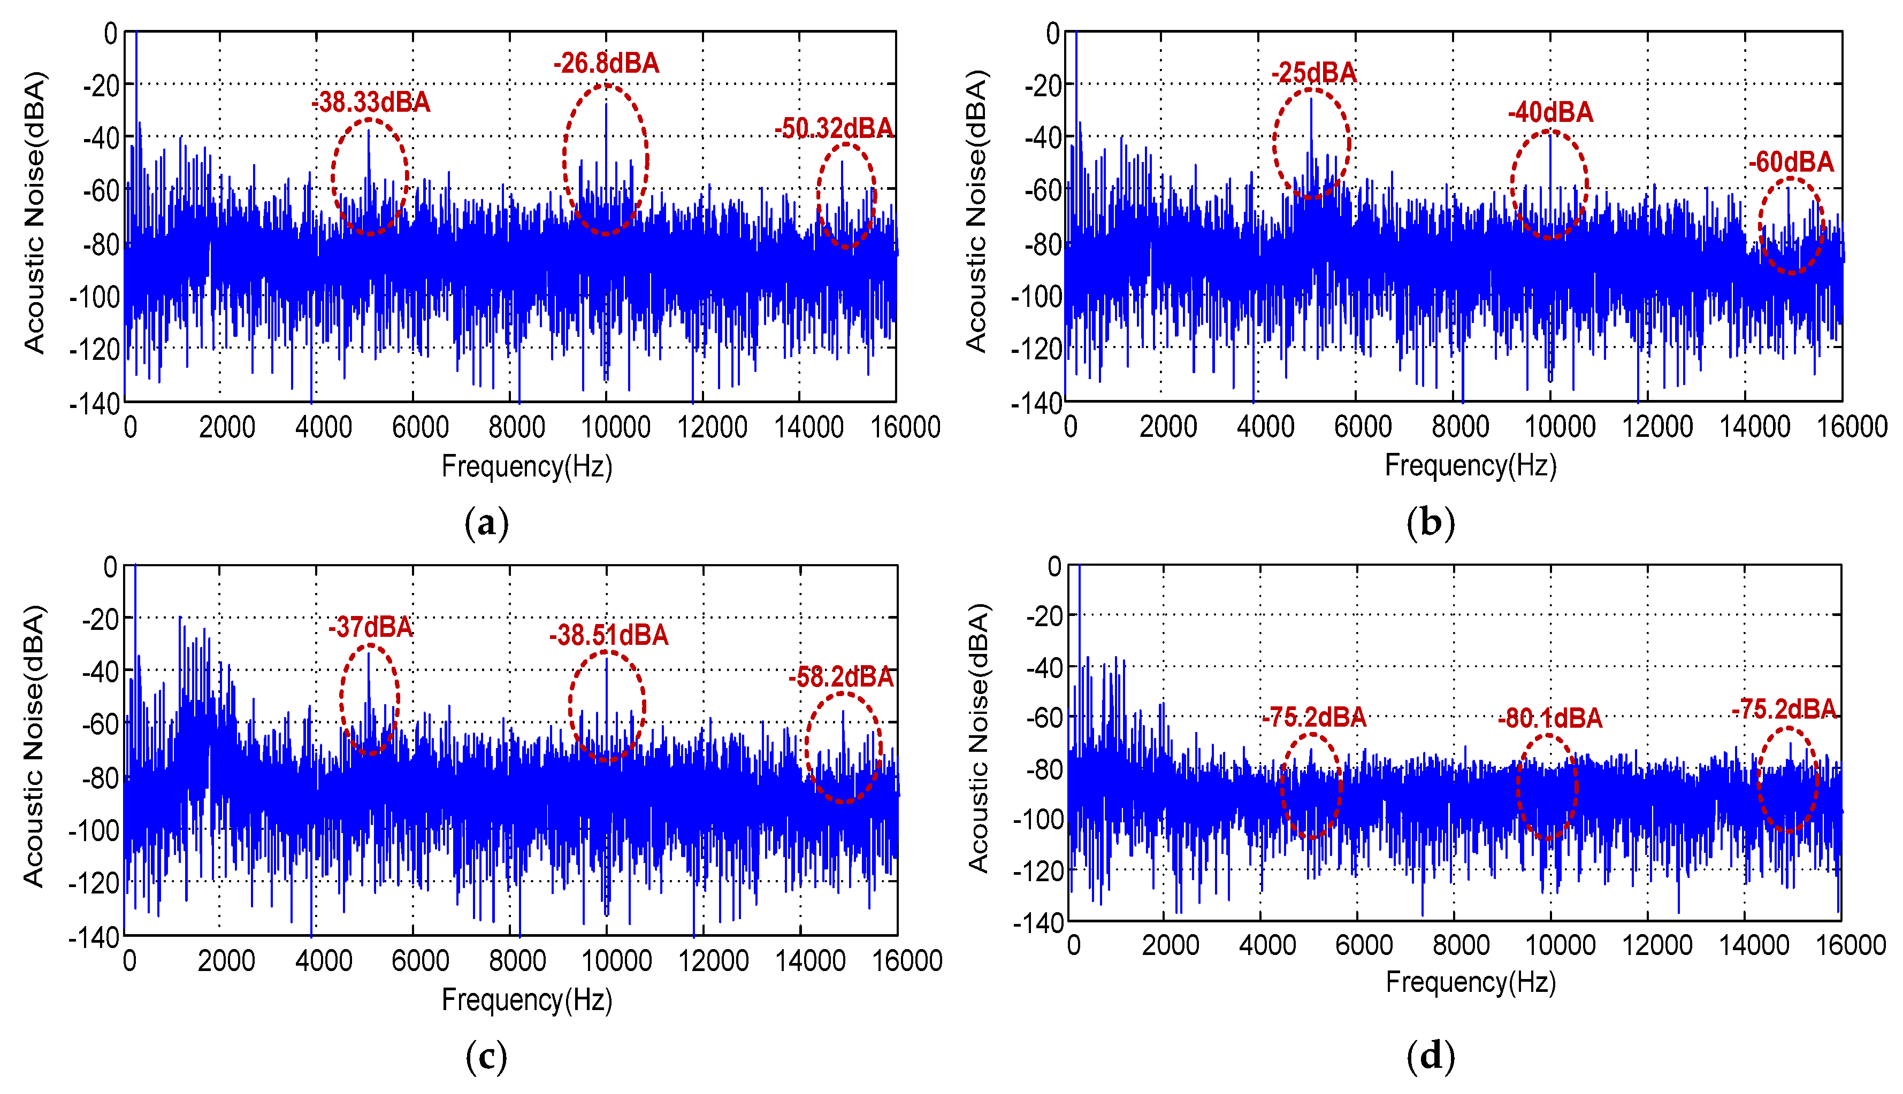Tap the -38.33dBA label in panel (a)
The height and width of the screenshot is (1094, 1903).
[371, 102]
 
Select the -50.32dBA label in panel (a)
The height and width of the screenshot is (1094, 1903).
[834, 128]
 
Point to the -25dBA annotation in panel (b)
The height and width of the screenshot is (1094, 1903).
[1314, 73]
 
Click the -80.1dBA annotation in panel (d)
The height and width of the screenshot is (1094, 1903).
[1550, 718]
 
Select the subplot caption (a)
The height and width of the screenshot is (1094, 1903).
[486, 522]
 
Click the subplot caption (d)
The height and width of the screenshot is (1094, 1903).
[1430, 1056]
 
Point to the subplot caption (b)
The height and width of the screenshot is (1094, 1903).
[1430, 522]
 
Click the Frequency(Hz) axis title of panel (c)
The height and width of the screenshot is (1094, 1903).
[527, 999]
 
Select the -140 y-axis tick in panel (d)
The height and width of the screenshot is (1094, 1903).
[1038, 923]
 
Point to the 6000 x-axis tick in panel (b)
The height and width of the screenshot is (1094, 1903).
[1363, 427]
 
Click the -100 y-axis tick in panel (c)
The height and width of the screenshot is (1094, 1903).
[93, 830]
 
